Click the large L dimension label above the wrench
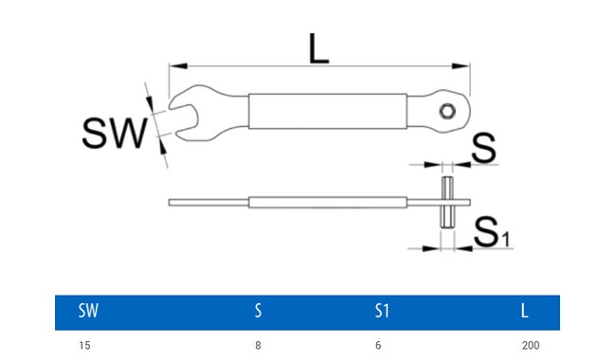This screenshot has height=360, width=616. click(x=319, y=47)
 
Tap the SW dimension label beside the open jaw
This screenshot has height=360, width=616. click(x=115, y=133)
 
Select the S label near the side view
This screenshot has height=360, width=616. click(x=484, y=148)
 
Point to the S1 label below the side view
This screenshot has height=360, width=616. click(x=492, y=231)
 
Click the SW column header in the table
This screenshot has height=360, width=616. click(x=89, y=311)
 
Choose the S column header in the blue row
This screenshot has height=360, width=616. click(x=258, y=311)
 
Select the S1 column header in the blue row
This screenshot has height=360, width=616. click(x=381, y=311)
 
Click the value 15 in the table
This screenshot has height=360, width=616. click(x=85, y=346)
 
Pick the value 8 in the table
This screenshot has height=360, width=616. click(x=258, y=346)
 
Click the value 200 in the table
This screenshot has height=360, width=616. click(x=530, y=346)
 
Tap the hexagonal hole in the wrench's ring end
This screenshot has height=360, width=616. click(x=446, y=111)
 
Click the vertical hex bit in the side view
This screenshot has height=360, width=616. click(x=446, y=202)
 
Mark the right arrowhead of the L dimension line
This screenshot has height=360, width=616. click(x=465, y=65)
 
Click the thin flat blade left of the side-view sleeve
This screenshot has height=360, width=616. click(x=208, y=202)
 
